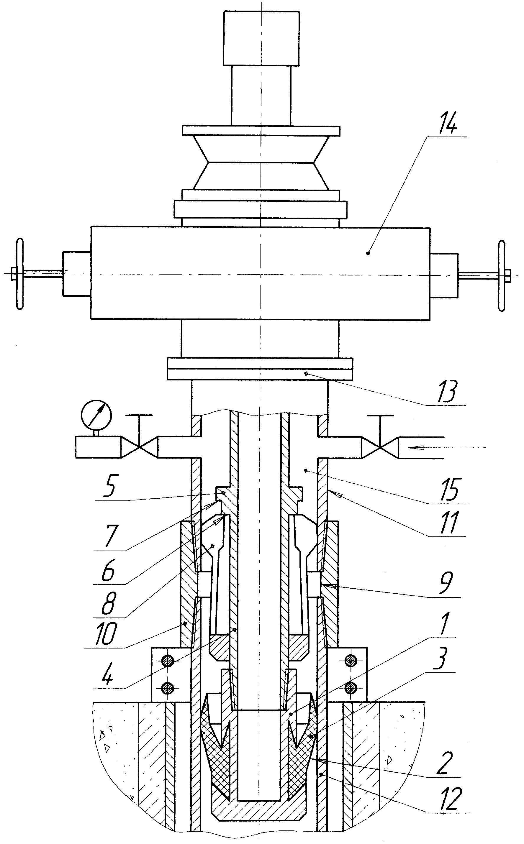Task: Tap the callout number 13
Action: (447, 392)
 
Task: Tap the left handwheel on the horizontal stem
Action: (20, 274)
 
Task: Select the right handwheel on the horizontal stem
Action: (501, 276)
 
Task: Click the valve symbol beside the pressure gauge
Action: (139, 447)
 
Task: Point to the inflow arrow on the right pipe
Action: (447, 448)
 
